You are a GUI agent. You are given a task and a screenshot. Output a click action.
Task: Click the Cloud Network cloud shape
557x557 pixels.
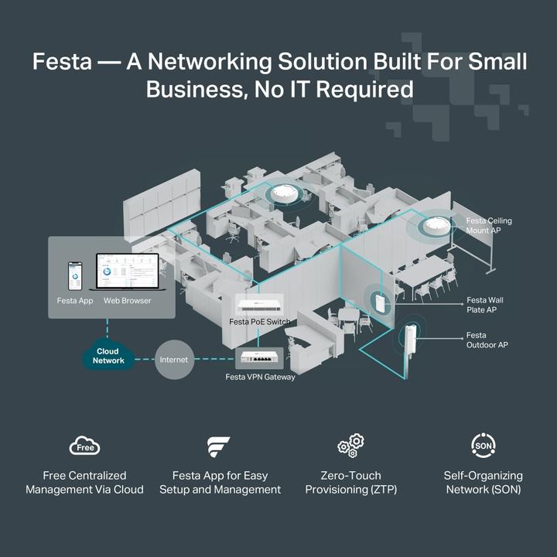click(x=108, y=356)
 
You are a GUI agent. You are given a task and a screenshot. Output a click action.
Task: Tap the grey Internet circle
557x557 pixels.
click(x=174, y=360)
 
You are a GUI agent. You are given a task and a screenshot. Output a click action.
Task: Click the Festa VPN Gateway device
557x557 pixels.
click(x=259, y=358)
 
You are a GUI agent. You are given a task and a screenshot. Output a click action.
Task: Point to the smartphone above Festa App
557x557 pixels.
click(x=75, y=275)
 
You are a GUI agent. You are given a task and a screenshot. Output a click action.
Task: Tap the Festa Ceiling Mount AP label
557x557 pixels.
click(x=489, y=226)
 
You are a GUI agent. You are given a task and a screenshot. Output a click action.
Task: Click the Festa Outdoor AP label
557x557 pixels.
click(x=487, y=340)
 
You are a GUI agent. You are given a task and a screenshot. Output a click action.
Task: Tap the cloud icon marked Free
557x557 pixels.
click(x=84, y=446)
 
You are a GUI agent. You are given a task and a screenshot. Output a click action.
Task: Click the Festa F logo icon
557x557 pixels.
click(x=219, y=447)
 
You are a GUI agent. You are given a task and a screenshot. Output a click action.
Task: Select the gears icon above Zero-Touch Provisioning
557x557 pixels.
click(x=350, y=446)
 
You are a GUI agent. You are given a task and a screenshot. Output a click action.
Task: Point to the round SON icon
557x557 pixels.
click(x=484, y=446)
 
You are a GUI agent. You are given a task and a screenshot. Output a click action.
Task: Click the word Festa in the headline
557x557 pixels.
click(x=62, y=62)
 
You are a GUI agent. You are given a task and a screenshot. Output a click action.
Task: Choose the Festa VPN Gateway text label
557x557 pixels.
click(x=260, y=378)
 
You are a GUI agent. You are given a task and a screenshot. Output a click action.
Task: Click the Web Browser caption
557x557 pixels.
click(x=128, y=300)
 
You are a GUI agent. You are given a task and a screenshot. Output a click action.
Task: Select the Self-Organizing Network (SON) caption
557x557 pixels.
click(x=484, y=483)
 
